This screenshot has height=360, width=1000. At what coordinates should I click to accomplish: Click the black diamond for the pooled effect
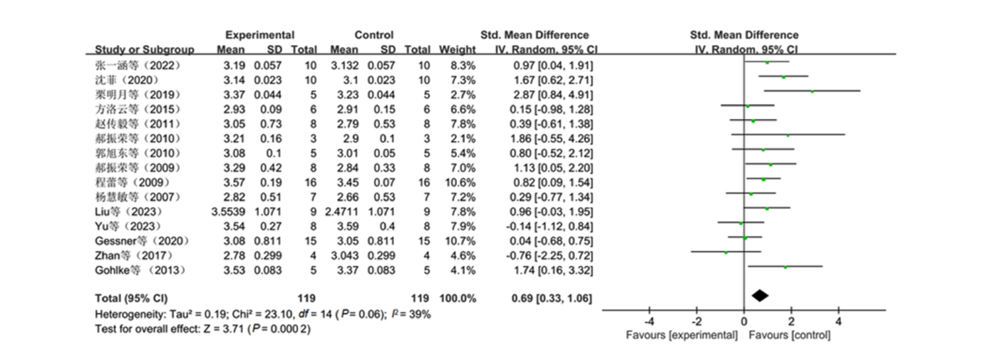point(760,295)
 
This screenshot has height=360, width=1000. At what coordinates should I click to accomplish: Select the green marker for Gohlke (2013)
point(785,267)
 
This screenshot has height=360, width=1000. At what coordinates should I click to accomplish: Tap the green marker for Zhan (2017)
point(726,252)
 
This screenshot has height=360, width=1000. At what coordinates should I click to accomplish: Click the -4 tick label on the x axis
point(649,322)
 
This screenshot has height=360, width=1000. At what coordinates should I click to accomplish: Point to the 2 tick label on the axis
point(791,322)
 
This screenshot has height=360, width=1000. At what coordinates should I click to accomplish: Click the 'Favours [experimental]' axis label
point(681,336)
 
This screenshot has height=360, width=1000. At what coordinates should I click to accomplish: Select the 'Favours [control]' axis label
point(790,336)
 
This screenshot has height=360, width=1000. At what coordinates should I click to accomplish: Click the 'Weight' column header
point(457,50)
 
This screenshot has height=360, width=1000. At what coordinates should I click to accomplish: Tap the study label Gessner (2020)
point(142,241)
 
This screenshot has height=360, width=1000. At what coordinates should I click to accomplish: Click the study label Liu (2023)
point(128,212)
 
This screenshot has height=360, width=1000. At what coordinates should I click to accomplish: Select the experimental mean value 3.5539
point(228,212)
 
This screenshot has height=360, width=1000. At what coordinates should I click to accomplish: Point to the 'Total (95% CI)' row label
point(131,299)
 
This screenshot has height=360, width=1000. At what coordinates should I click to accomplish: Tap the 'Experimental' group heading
point(259,35)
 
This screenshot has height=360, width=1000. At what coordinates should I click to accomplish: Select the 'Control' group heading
point(373,35)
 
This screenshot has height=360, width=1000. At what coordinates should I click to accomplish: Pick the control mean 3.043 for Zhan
point(344,256)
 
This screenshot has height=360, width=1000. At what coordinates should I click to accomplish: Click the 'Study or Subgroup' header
point(144,50)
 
